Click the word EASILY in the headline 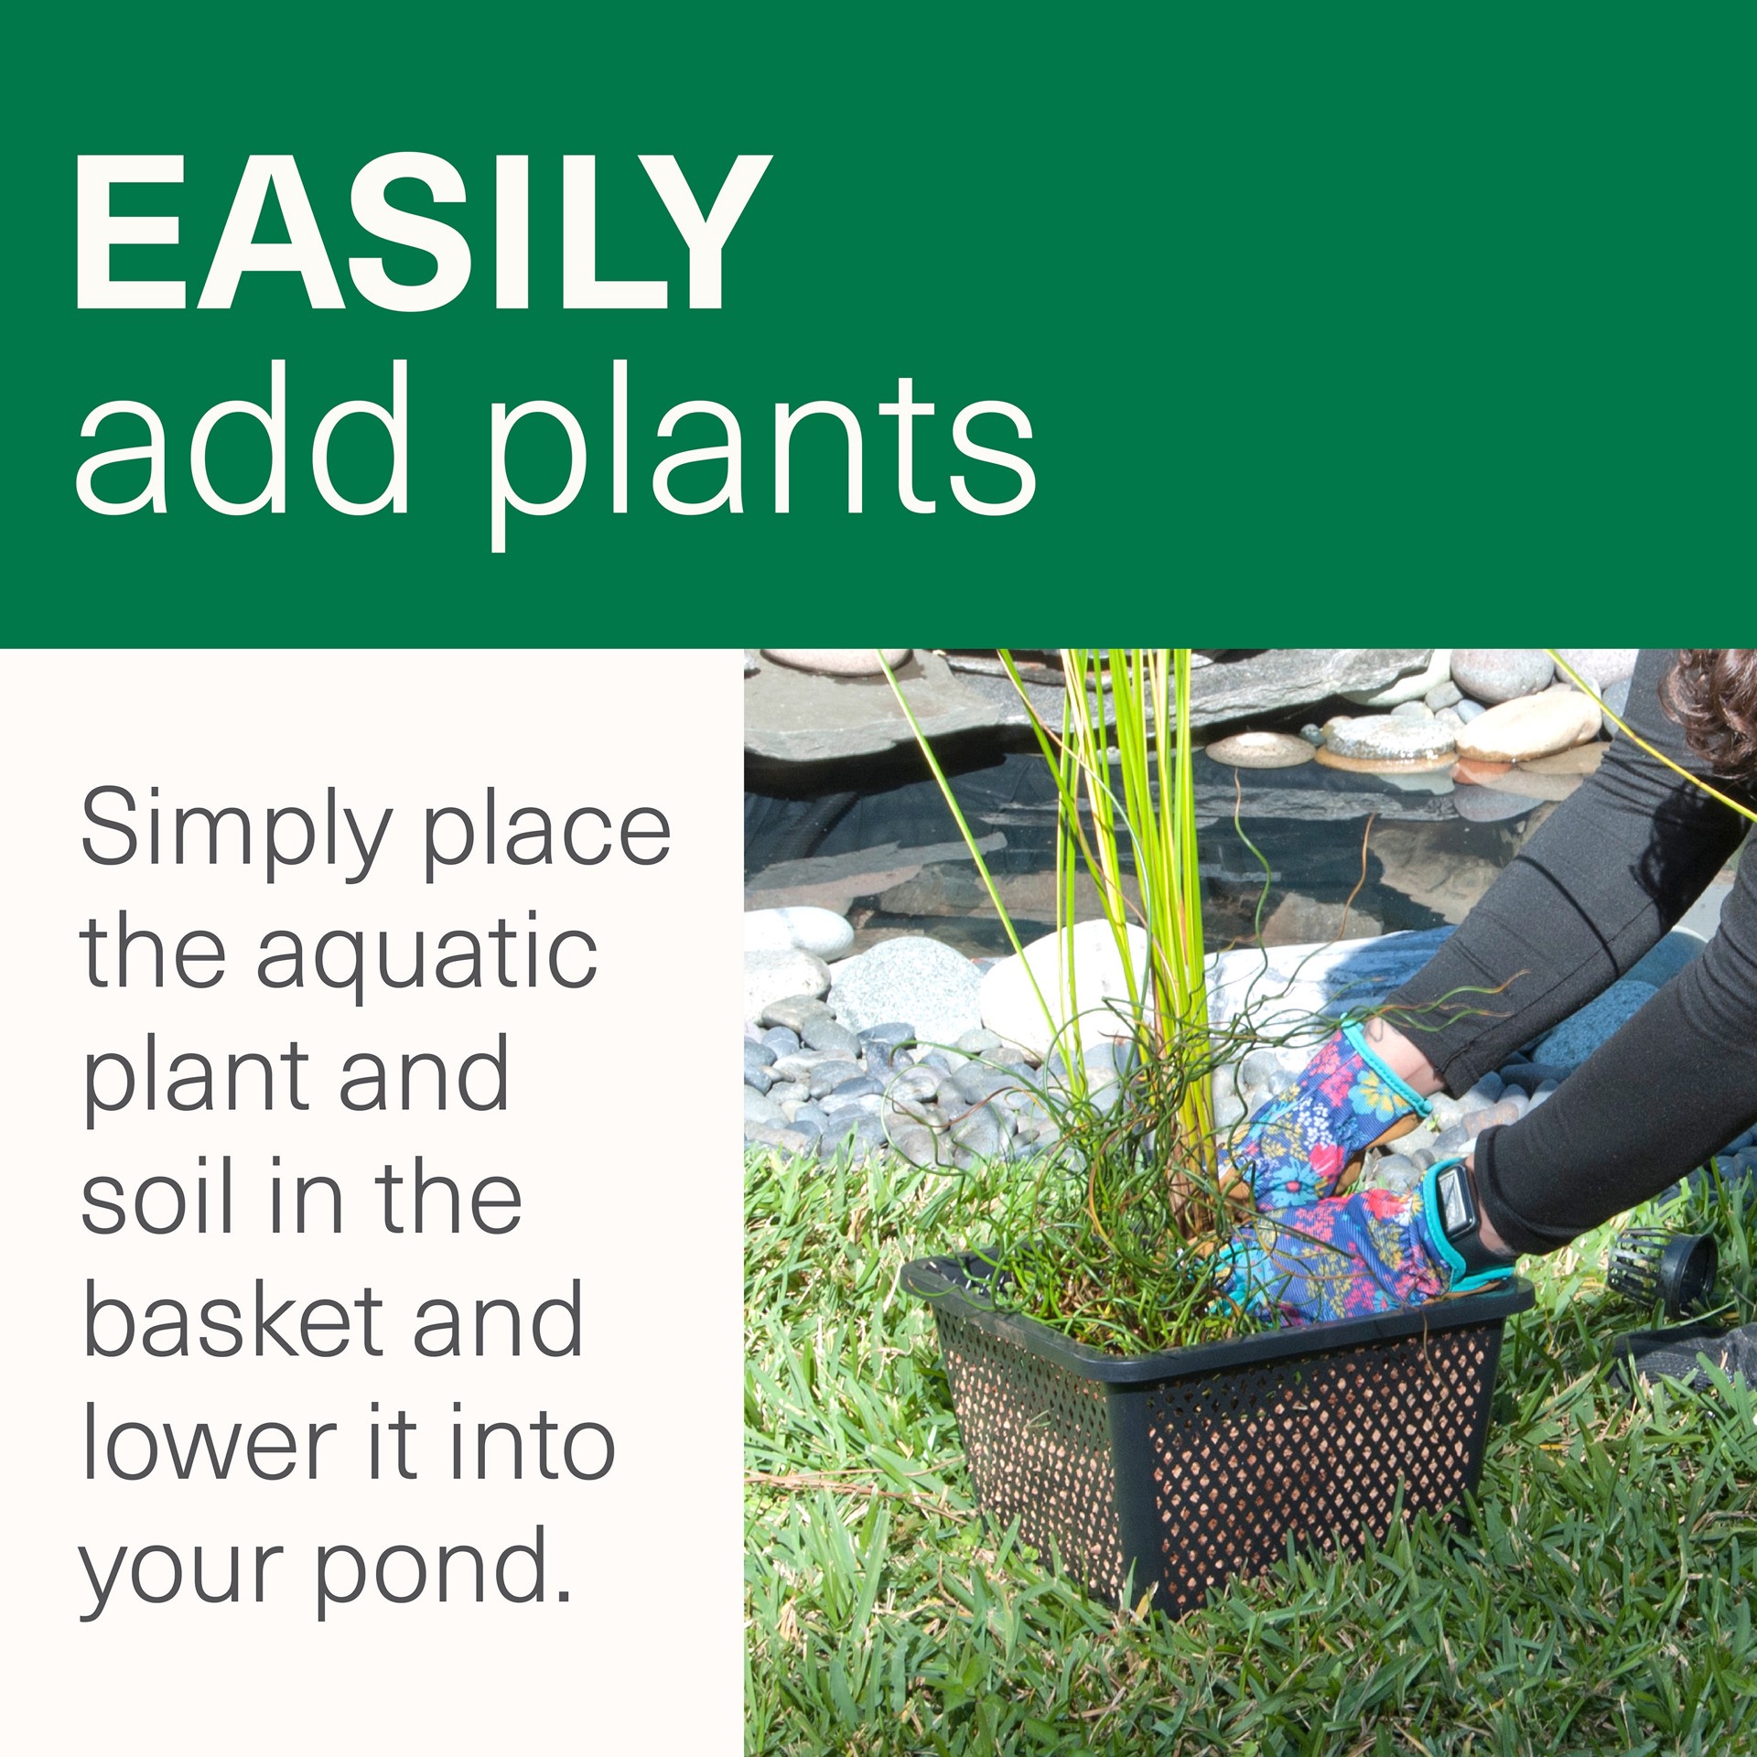(423, 232)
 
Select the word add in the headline (243, 437)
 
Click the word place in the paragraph (546, 833)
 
